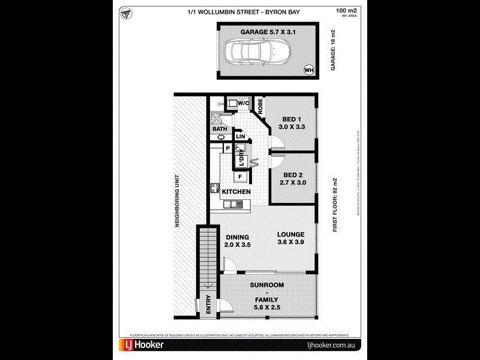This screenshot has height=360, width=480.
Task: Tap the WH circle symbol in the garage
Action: point(309,70)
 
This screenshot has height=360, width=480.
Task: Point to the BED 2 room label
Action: point(293,178)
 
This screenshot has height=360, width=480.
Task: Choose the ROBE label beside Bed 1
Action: point(261,107)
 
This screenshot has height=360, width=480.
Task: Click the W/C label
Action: point(244,104)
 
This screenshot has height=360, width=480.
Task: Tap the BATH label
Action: point(218,129)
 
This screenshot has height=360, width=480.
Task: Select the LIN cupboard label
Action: point(241,137)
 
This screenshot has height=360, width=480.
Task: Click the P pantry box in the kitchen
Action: point(227,148)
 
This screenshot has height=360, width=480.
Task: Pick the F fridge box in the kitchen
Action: point(240,176)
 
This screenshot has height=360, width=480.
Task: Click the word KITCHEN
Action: point(236,191)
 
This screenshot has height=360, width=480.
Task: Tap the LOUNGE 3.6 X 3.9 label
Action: point(290,238)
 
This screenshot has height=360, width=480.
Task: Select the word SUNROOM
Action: point(267,284)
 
